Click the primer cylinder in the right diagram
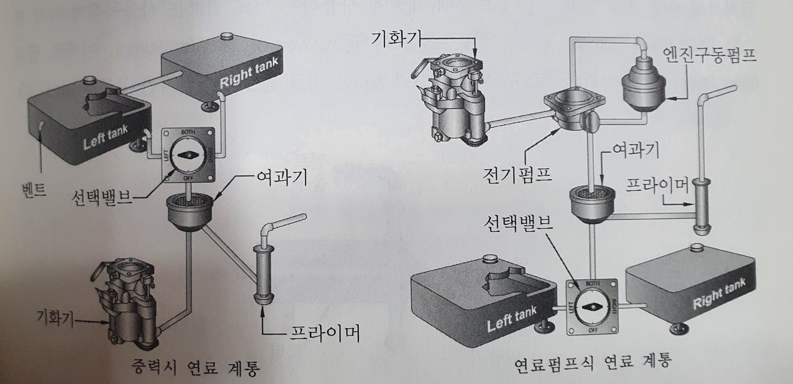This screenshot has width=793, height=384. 701,206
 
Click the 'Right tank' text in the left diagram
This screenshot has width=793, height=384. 249,73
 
